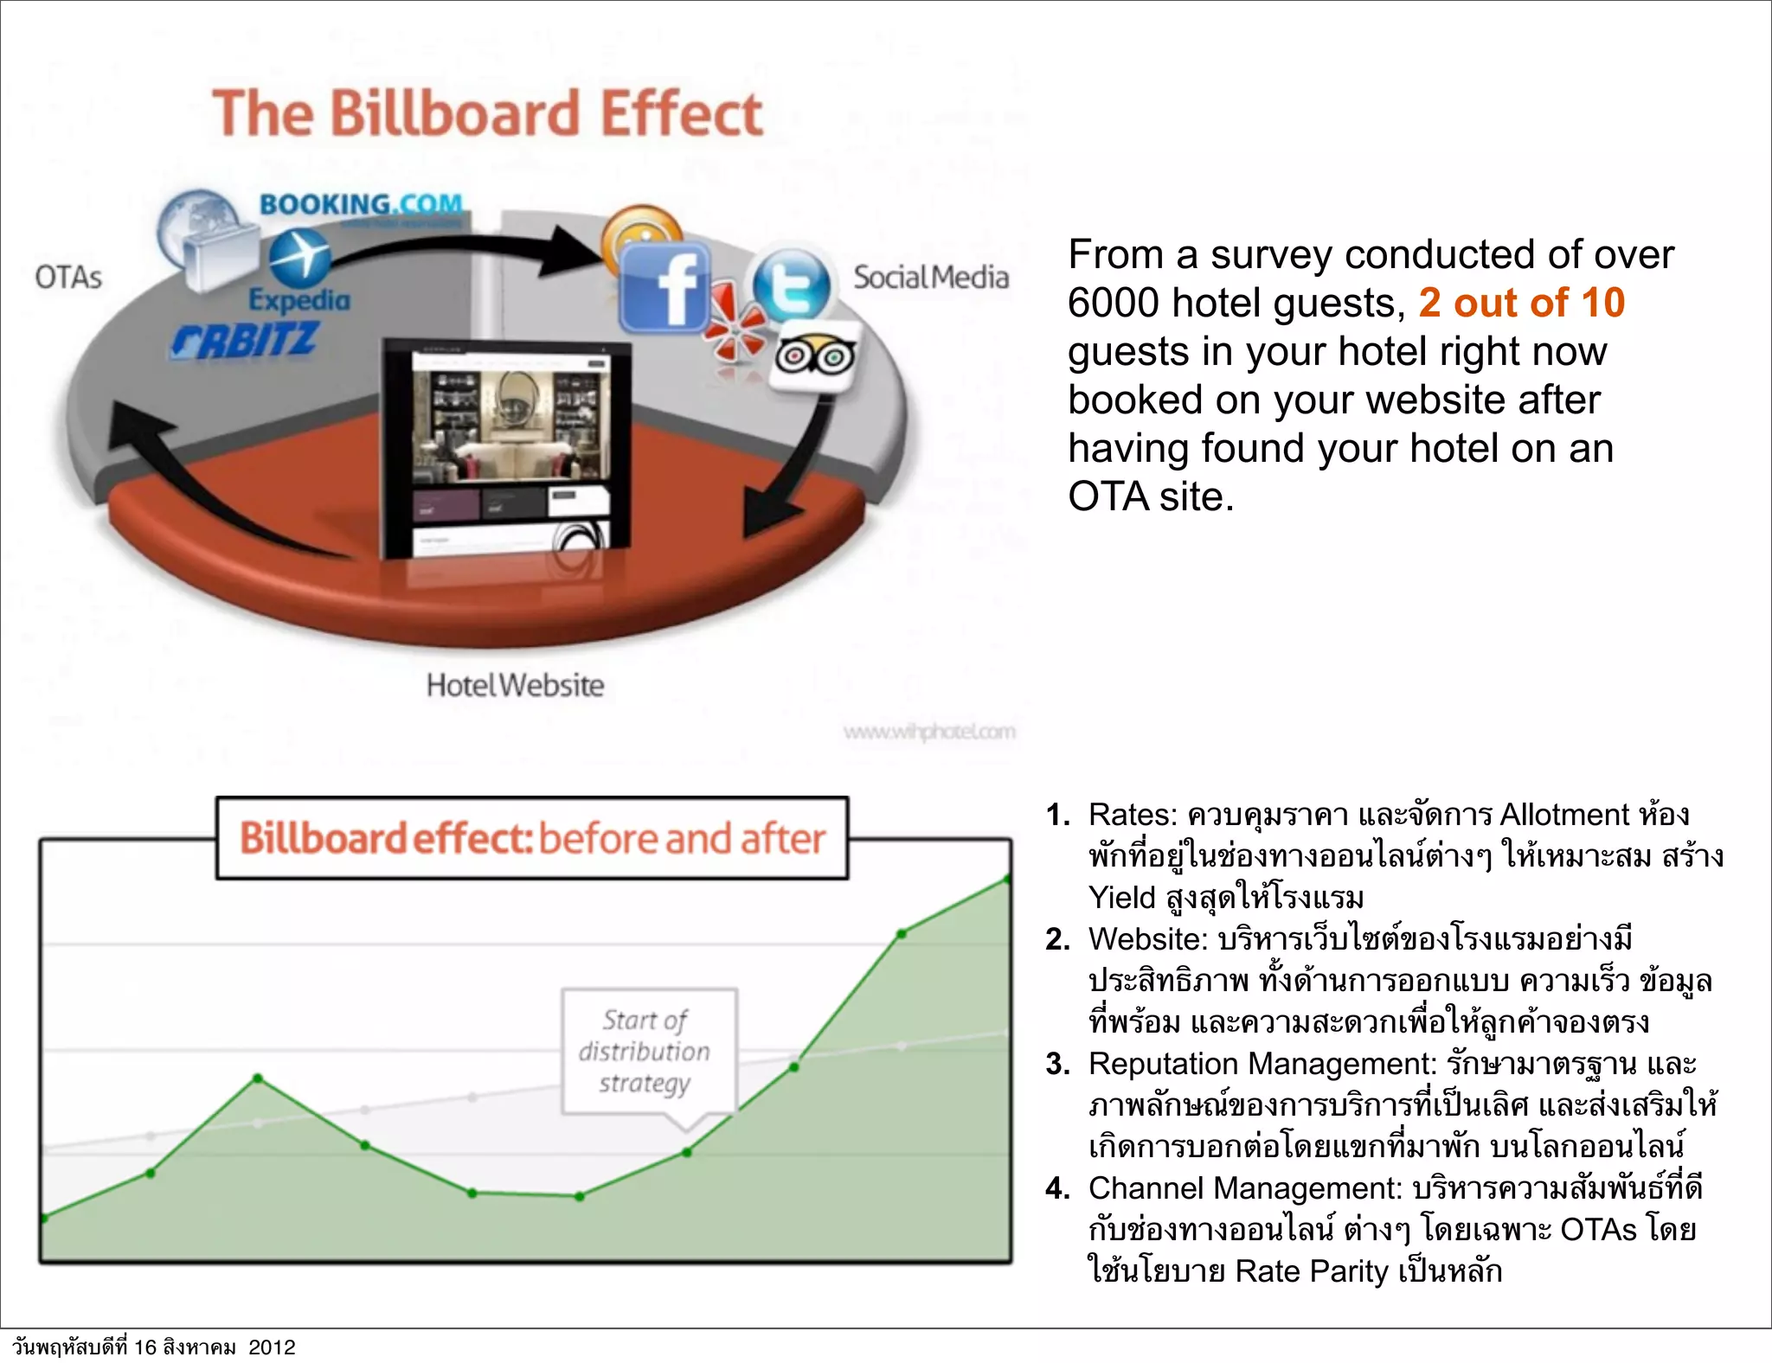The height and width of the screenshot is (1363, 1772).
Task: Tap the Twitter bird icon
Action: click(x=791, y=284)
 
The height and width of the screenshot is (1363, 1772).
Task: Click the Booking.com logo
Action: click(x=362, y=205)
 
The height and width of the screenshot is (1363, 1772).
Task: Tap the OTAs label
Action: click(x=68, y=278)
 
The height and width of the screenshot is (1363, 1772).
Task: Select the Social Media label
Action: click(x=931, y=278)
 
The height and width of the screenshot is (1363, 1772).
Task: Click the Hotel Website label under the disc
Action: click(x=515, y=686)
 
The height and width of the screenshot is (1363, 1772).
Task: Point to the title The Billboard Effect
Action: click(x=487, y=113)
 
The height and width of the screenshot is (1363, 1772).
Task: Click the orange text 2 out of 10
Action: click(x=1521, y=303)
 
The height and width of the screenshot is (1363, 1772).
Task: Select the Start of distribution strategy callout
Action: click(x=648, y=1051)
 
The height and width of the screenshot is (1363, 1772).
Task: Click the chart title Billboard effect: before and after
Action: click(x=532, y=838)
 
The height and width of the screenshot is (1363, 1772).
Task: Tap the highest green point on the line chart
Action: click(x=1007, y=880)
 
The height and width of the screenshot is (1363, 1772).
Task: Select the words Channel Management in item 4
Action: click(x=1244, y=1188)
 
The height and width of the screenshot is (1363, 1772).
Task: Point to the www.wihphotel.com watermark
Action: click(x=929, y=733)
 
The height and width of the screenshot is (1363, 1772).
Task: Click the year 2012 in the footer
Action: click(x=272, y=1347)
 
